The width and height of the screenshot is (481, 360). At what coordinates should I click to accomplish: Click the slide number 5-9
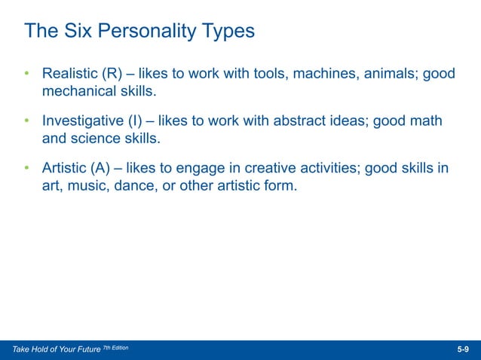point(463,350)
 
